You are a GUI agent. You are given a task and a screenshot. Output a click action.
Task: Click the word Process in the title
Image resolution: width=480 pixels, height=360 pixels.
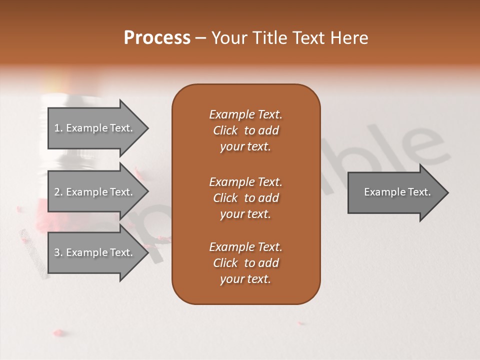pyautogui.click(x=157, y=38)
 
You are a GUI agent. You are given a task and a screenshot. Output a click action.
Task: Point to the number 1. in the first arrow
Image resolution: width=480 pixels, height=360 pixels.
pyautogui.click(x=58, y=128)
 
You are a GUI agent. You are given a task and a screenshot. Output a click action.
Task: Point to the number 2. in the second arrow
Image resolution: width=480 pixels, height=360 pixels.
pyautogui.click(x=58, y=192)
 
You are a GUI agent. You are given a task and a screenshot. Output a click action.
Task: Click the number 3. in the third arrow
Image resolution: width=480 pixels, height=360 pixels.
pyautogui.click(x=58, y=252)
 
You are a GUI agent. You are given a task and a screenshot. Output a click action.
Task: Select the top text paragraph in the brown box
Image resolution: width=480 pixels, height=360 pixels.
pyautogui.click(x=245, y=130)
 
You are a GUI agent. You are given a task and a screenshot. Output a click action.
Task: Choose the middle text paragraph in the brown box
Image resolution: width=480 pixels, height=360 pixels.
pyautogui.click(x=245, y=198)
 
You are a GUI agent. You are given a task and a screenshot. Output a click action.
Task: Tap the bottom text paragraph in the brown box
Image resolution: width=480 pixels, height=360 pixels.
pyautogui.click(x=245, y=263)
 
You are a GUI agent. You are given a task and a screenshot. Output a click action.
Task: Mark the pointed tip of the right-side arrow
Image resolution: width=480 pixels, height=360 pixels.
pyautogui.click(x=447, y=192)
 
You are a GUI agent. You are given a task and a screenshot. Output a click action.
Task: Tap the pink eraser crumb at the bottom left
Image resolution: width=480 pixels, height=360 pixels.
pyautogui.click(x=59, y=331)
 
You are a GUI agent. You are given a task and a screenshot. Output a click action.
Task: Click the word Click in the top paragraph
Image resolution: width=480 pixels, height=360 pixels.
pyautogui.click(x=225, y=130)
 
